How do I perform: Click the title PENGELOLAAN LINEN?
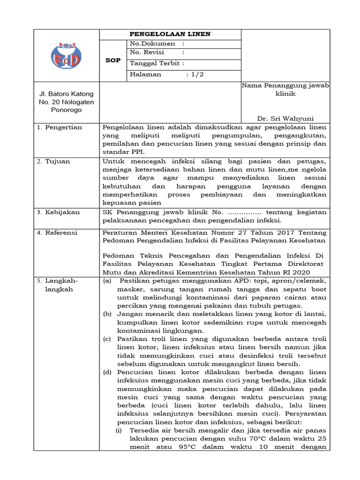coord(170,34)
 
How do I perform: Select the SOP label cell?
coord(113,61)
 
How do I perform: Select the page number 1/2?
coord(195,75)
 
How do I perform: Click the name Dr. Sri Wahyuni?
coord(285,118)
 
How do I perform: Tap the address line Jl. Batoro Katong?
coord(66,94)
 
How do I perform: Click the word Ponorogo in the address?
coord(66,110)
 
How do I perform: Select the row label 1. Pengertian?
coord(60,127)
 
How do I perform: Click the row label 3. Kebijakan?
coord(60,212)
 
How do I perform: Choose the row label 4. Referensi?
coord(58,232)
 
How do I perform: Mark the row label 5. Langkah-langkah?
coord(58,285)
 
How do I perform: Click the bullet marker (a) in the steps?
coord(107,281)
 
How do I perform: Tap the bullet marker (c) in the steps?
coord(107,339)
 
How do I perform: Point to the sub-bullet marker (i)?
coord(120,430)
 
